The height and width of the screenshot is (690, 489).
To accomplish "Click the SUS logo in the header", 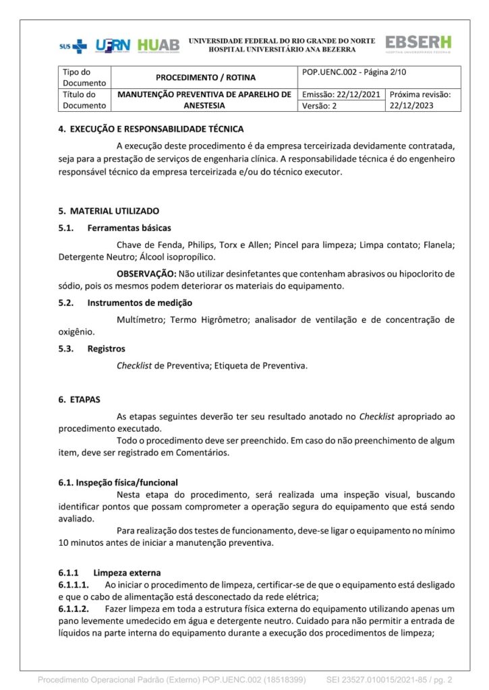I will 73,46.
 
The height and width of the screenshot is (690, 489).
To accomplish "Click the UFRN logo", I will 113,46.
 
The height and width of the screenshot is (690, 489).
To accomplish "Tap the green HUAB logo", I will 159,46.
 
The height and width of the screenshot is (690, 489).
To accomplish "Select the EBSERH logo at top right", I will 418,44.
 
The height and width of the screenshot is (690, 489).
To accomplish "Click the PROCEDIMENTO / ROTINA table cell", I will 206,77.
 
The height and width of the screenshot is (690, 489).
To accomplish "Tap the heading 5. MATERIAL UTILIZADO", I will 109,211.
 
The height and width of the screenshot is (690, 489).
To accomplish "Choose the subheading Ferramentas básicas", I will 129,228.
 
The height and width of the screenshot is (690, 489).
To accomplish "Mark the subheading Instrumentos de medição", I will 140,303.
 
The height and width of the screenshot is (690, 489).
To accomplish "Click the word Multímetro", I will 140,319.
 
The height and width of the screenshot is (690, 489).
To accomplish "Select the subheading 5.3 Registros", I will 106,348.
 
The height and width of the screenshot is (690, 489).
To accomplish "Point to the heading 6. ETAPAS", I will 79,400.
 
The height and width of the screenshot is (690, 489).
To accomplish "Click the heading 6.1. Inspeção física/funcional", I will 118,482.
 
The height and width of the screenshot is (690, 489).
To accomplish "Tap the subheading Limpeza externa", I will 127,572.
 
